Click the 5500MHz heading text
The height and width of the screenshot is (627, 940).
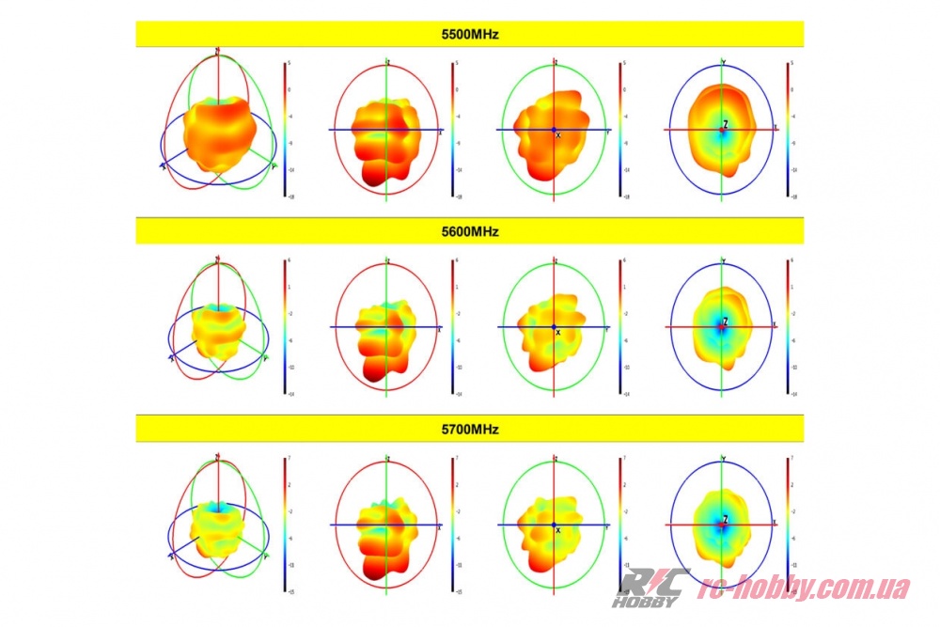tap(469, 35)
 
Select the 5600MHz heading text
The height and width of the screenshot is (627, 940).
tap(469, 231)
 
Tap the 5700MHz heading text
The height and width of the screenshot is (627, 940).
tap(469, 429)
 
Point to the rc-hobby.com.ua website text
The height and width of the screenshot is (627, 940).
tap(807, 588)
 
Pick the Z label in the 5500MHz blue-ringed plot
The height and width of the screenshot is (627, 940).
tap(726, 124)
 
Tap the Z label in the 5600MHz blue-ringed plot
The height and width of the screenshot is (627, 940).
tap(726, 321)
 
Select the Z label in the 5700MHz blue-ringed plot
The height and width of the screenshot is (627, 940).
tap(726, 519)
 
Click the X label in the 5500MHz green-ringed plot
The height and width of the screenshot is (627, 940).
tap(558, 136)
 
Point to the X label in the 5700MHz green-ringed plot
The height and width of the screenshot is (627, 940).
tap(558, 530)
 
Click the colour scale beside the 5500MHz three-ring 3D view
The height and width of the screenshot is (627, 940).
tap(285, 130)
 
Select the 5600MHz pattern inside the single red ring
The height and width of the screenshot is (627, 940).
tap(384, 338)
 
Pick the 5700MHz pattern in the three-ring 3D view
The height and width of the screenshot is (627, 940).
tap(218, 526)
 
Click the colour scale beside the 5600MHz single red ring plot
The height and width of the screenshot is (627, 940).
tap(452, 327)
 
